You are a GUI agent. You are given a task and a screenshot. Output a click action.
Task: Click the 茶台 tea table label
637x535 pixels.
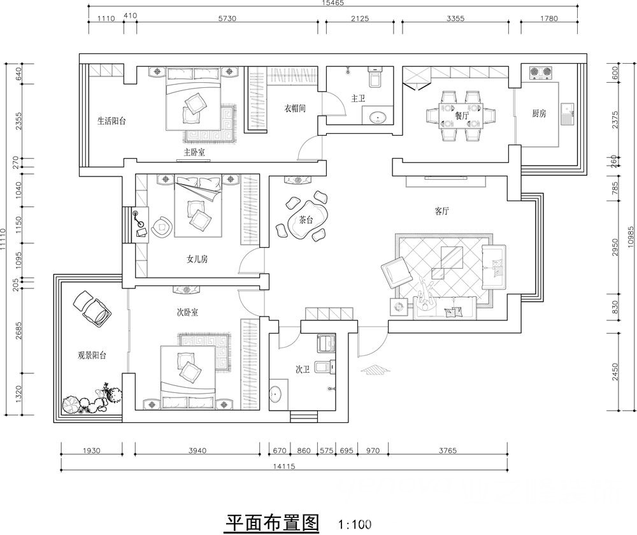(x=306, y=220)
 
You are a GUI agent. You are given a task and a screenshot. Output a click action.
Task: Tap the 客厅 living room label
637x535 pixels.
(x=441, y=211)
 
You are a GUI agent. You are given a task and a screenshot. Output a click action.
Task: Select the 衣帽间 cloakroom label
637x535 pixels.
(x=294, y=108)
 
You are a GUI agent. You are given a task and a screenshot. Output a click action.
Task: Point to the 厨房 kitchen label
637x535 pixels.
(x=539, y=114)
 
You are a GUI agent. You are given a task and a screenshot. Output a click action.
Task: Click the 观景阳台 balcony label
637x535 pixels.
(x=92, y=355)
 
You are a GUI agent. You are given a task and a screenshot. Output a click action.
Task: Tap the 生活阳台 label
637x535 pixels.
(x=111, y=120)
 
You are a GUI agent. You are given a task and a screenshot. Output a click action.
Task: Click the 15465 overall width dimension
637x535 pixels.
(x=333, y=3)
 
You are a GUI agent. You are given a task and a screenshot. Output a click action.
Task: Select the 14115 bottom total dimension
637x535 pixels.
(x=284, y=466)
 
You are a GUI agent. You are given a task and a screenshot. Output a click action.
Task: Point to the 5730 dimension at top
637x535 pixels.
(x=227, y=18)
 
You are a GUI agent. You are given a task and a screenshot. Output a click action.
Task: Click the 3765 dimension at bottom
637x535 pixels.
(x=448, y=450)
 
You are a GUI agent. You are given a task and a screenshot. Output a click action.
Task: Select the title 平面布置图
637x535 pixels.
(x=272, y=523)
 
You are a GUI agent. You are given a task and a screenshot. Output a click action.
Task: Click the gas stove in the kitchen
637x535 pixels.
(x=541, y=73)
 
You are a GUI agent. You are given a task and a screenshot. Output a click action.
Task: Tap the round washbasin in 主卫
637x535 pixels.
(x=378, y=118)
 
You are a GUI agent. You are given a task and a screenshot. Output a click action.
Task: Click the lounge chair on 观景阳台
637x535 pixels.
(x=92, y=308)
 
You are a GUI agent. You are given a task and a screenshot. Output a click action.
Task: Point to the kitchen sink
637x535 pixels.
(x=567, y=114)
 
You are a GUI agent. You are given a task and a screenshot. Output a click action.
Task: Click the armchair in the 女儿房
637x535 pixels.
(x=162, y=227)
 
